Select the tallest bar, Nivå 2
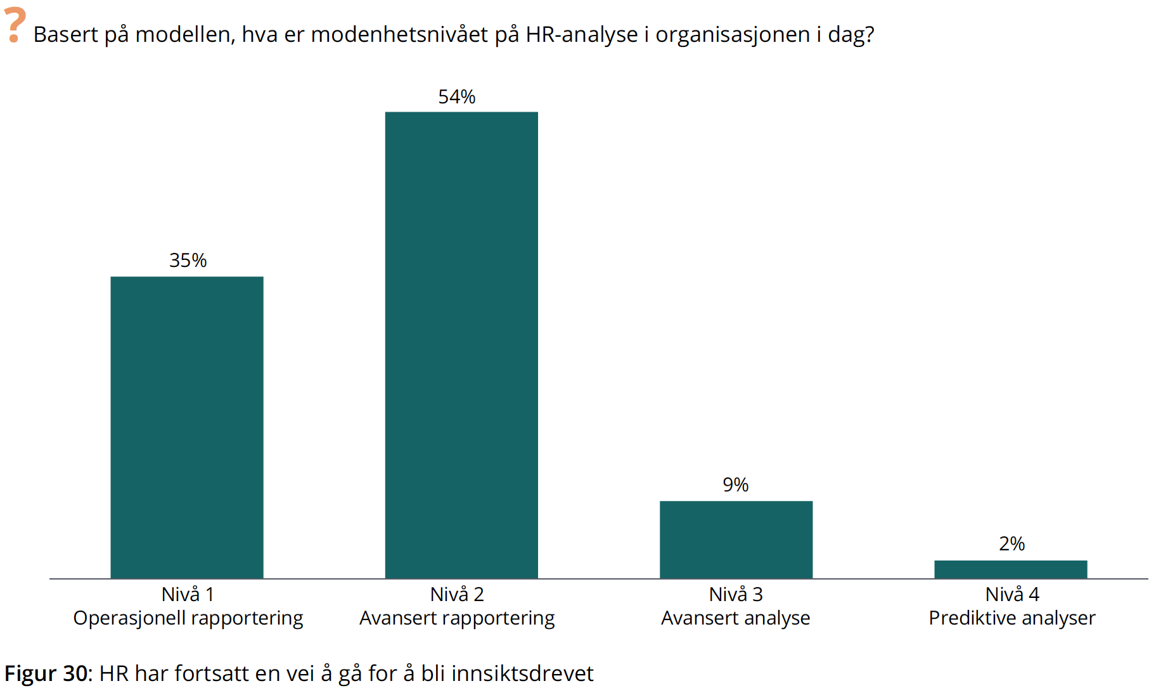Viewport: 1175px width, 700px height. [461, 345]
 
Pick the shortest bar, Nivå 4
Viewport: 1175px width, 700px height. [1010, 569]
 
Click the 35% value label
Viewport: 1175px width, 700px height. [188, 261]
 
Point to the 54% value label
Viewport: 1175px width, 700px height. [456, 97]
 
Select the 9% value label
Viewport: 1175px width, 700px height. [735, 485]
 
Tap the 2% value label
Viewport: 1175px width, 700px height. [1011, 544]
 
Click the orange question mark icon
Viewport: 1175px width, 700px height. [15, 25]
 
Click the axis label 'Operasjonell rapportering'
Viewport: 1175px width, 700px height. [188, 618]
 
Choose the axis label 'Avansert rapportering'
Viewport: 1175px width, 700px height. [457, 618]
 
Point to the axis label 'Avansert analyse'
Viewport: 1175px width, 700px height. [735, 618]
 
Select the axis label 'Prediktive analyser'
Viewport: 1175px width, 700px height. [1011, 618]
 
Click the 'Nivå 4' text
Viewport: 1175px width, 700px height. [1012, 595]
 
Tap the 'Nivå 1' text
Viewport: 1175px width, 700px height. [188, 595]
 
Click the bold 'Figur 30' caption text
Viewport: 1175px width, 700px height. [46, 673]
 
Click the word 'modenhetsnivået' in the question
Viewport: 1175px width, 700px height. [399, 35]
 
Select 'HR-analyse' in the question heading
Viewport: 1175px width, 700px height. [582, 35]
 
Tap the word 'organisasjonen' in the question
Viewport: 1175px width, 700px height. [733, 35]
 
